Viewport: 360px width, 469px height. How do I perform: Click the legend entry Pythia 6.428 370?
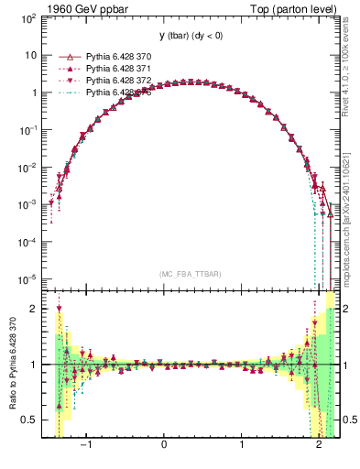(118, 56)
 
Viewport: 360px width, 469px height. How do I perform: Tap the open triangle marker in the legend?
(65, 56)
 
